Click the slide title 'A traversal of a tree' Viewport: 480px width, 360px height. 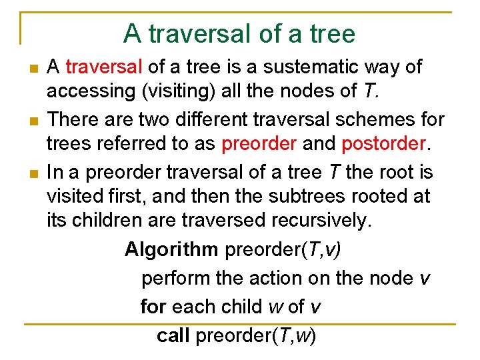[239, 33]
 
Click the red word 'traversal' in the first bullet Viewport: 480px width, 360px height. [105, 67]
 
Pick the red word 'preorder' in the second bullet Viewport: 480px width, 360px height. [261, 144]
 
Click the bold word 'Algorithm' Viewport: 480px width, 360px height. [171, 249]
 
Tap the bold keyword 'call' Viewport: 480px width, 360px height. [173, 335]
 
